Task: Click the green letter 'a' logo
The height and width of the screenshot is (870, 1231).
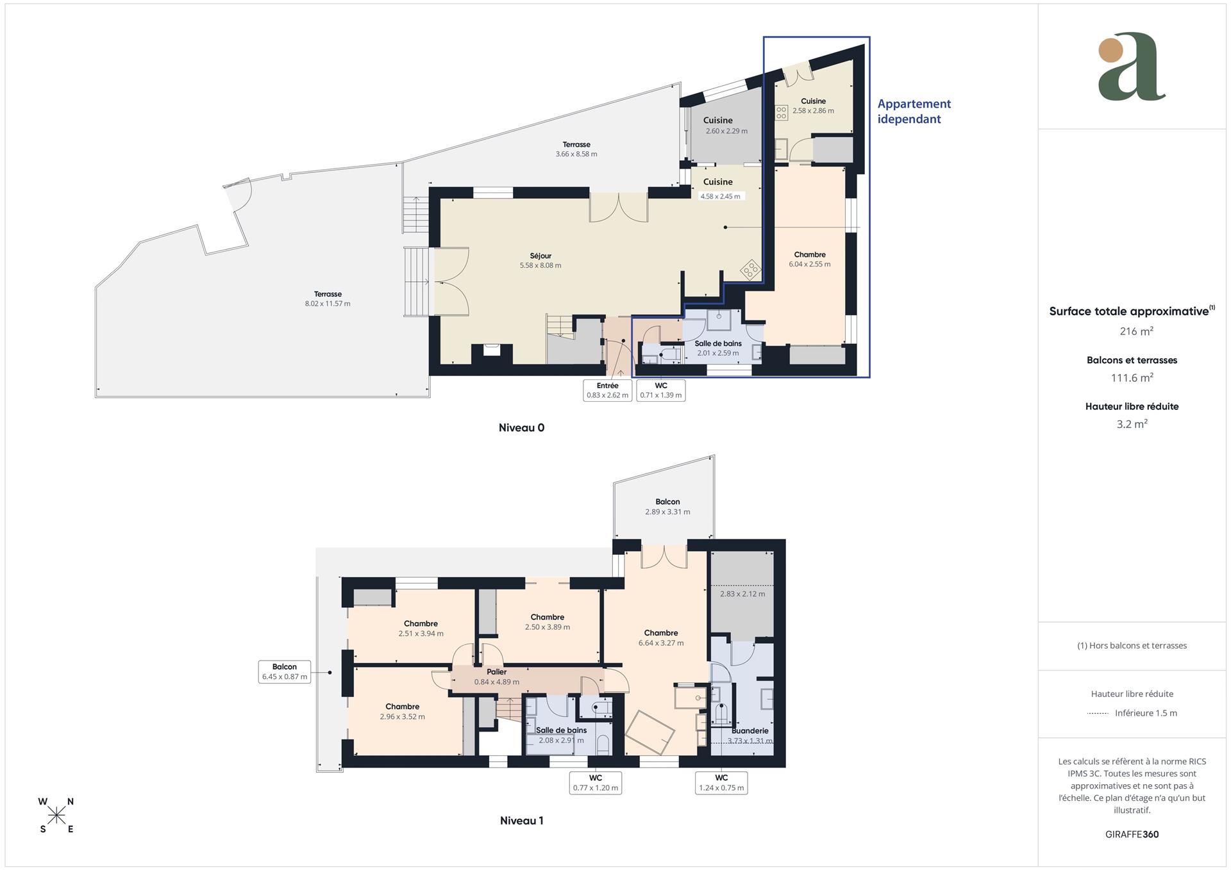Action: [1132, 67]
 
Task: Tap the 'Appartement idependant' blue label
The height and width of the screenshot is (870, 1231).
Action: [914, 111]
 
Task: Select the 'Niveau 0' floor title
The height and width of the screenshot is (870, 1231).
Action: [521, 428]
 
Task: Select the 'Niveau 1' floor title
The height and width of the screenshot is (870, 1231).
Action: [521, 821]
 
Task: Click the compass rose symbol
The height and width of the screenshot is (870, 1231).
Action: [57, 815]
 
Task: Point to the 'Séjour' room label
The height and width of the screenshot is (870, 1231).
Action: [540, 256]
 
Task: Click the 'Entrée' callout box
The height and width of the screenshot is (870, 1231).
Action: [607, 390]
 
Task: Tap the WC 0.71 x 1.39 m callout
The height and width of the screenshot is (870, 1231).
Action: [660, 390]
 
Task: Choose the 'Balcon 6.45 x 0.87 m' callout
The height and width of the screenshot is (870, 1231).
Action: [284, 671]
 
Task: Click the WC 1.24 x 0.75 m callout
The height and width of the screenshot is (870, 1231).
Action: [721, 782]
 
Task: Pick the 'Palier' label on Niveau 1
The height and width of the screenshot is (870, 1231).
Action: [496, 672]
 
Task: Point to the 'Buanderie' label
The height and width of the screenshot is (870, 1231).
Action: [749, 730]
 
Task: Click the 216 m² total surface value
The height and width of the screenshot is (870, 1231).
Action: [1132, 331]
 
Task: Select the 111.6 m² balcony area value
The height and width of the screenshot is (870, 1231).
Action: [1132, 378]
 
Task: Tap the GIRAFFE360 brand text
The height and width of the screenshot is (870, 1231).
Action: [1132, 834]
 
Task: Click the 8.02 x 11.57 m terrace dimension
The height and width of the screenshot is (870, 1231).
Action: [328, 304]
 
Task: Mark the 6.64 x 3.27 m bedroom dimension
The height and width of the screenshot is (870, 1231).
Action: [660, 643]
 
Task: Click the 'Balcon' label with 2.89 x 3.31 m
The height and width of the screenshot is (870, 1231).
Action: [667, 502]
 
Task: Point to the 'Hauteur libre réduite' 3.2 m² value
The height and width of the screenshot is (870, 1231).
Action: [1132, 424]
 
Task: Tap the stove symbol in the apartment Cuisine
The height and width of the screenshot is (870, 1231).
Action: [782, 113]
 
